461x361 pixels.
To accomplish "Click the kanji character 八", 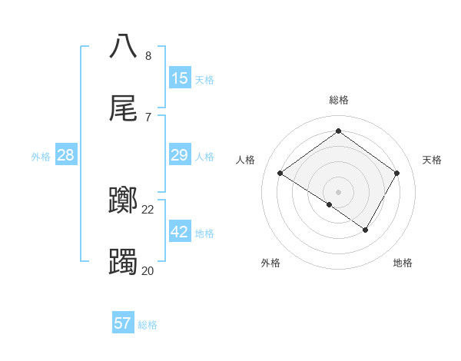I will pyautogui.click(x=124, y=46).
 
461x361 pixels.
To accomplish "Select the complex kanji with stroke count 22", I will pyautogui.click(x=124, y=200).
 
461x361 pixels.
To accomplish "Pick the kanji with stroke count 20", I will pyautogui.click(x=124, y=262).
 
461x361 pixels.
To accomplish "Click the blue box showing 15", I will pyautogui.click(x=180, y=78).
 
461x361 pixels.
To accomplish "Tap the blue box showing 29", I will pyautogui.click(x=180, y=156).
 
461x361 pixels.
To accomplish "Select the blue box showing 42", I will pyautogui.click(x=180, y=232).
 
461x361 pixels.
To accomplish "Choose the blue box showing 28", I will pyautogui.click(x=66, y=156).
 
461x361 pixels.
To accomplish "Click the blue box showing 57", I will pyautogui.click(x=123, y=323).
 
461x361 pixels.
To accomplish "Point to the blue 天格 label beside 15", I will pyautogui.click(x=204, y=79).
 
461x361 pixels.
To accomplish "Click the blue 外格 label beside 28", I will pyautogui.click(x=41, y=157).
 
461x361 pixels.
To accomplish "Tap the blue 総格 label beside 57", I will pyautogui.click(x=148, y=324).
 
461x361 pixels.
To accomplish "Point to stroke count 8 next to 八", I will pyautogui.click(x=148, y=56).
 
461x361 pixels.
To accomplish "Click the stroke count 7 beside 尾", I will pyautogui.click(x=148, y=117).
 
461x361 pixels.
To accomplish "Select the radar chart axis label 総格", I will pyautogui.click(x=338, y=100).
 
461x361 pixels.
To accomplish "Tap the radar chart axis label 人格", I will pyautogui.click(x=246, y=160).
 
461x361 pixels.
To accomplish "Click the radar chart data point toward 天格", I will pyautogui.click(x=396, y=173).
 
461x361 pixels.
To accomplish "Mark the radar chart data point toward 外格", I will pyautogui.click(x=329, y=204).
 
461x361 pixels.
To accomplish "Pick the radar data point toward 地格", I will pyautogui.click(x=366, y=230).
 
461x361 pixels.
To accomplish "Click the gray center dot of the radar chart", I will pyautogui.click(x=338, y=191).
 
